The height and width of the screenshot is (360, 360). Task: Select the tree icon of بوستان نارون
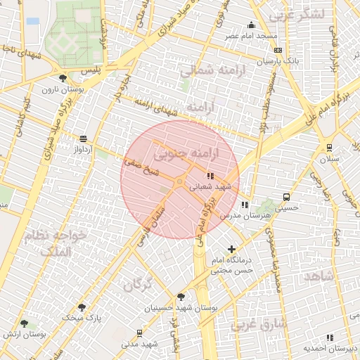pos(64,78)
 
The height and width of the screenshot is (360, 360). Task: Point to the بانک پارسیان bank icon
pos(278,51)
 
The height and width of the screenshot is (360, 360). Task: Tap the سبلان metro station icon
pos(329,147)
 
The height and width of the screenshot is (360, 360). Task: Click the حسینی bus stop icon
pos(286,197)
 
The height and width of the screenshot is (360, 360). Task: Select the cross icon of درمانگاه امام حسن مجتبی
pos(232,249)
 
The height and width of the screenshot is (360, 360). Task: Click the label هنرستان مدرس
pos(235,216)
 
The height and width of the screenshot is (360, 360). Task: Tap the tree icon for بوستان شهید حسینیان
pos(181,297)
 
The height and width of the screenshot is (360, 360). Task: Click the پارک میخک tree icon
pos(82,307)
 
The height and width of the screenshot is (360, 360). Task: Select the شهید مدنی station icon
pos(139,333)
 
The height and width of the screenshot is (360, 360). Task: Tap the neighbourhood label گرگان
pos(138,285)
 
